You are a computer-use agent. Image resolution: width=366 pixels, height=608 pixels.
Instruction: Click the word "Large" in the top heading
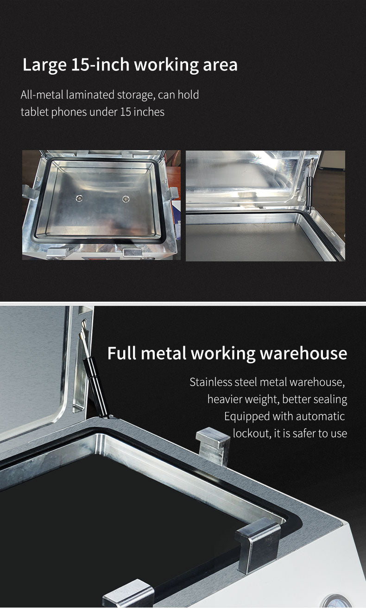tap(44, 65)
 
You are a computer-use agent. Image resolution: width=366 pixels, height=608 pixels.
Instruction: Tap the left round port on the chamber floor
tap(79, 198)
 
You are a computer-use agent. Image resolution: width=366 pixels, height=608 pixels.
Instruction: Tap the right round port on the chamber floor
tap(126, 199)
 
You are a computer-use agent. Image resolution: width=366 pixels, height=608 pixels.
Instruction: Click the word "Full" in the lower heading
tap(121, 353)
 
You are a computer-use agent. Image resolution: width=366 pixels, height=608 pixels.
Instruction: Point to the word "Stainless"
tap(210, 382)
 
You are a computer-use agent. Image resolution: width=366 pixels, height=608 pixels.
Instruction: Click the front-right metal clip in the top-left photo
tap(133, 253)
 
